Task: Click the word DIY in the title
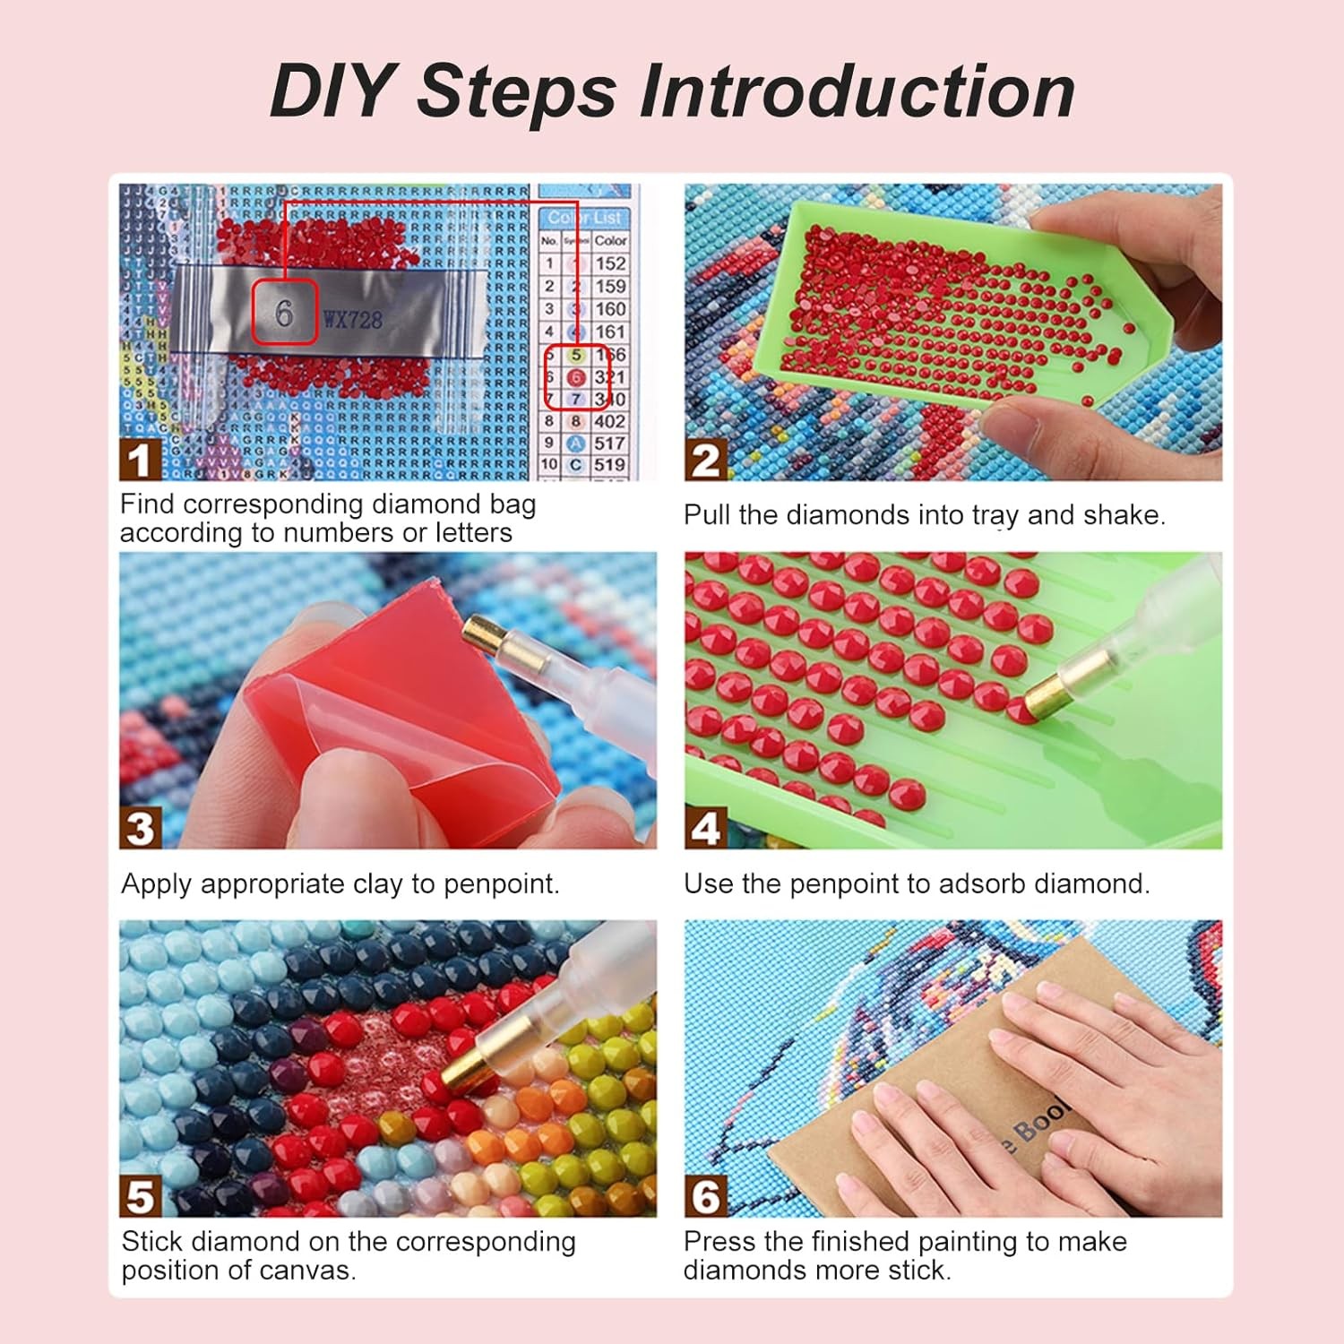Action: click(x=331, y=91)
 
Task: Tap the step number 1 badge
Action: click(x=139, y=461)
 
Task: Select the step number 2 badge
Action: click(x=705, y=461)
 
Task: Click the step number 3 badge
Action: click(x=140, y=829)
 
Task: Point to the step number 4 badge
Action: click(x=705, y=829)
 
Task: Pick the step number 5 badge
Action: click(x=140, y=1197)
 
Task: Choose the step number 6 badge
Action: click(x=705, y=1197)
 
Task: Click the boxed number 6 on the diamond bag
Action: click(x=284, y=313)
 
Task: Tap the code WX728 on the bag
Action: click(x=352, y=320)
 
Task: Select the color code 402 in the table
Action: click(x=609, y=421)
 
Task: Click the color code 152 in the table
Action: click(x=609, y=263)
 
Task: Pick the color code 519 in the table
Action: click(x=609, y=465)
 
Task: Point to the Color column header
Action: click(x=610, y=240)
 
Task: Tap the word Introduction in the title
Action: click(x=857, y=91)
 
